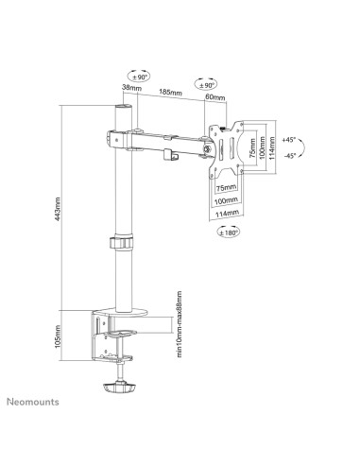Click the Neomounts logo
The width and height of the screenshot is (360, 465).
[33, 402]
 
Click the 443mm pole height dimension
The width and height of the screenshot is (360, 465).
[58, 209]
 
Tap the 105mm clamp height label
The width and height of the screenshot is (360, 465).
[58, 336]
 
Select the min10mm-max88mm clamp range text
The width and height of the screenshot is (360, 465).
[180, 324]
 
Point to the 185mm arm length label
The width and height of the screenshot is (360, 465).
[170, 93]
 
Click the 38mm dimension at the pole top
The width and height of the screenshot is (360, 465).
[131, 88]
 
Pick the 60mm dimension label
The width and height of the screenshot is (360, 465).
[215, 97]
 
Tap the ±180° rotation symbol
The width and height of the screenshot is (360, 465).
[229, 232]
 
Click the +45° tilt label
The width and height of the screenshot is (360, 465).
[289, 140]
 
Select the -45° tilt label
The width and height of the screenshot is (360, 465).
[290, 156]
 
